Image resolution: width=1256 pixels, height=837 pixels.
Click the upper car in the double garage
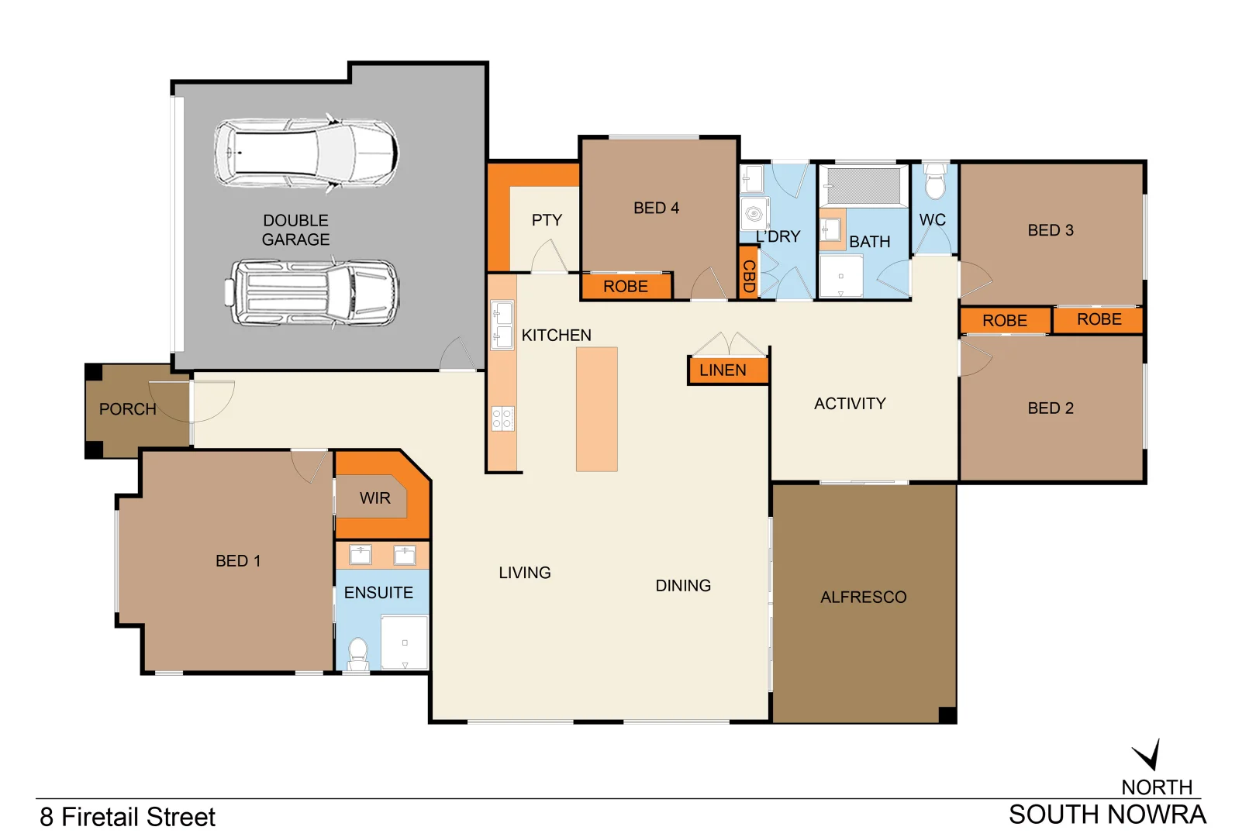pyautogui.click(x=306, y=153)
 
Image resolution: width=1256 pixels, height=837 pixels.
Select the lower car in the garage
pyautogui.click(x=312, y=294)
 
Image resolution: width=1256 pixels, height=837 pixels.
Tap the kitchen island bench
pyautogui.click(x=596, y=409)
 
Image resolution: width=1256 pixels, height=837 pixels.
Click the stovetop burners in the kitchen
pyautogui.click(x=502, y=419)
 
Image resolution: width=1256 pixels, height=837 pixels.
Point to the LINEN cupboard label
pyautogui.click(x=723, y=370)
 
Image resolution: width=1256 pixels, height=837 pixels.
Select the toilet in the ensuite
pyautogui.click(x=358, y=653)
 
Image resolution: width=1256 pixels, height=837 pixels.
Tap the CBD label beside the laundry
pyautogui.click(x=748, y=275)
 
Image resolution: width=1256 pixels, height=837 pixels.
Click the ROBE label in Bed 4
pyautogui.click(x=625, y=287)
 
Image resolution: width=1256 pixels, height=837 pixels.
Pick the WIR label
pyautogui.click(x=374, y=498)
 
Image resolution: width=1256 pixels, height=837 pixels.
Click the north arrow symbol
pyautogui.click(x=1148, y=754)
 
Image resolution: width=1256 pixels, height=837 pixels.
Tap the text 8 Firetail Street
pyautogui.click(x=128, y=817)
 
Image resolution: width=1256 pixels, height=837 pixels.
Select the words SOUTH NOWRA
pyautogui.click(x=1107, y=815)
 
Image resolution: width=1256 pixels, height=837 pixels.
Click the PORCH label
pyautogui.click(x=128, y=409)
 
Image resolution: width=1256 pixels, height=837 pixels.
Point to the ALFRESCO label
pyautogui.click(x=863, y=598)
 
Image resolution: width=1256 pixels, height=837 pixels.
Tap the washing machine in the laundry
pyautogui.click(x=754, y=214)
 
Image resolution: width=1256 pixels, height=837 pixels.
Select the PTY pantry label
pyautogui.click(x=547, y=220)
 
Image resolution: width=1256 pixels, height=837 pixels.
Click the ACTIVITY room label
pyautogui.click(x=850, y=404)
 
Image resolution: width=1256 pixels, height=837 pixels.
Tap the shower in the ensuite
pyautogui.click(x=405, y=642)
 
